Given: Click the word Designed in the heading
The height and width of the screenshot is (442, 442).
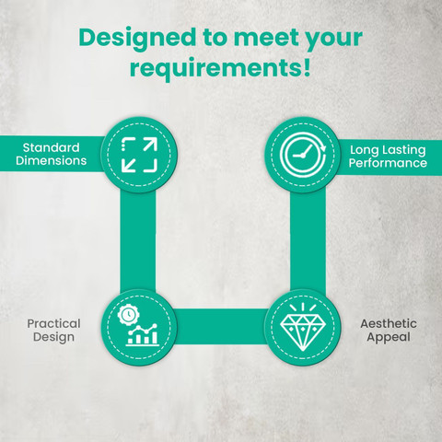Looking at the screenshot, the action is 137,39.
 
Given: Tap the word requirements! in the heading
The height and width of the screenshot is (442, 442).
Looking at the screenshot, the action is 220,67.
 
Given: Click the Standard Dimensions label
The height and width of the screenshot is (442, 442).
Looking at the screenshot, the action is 52,154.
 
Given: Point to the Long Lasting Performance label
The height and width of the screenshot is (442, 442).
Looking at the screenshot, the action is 388,157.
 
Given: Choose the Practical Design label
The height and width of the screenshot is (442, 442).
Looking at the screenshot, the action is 53,331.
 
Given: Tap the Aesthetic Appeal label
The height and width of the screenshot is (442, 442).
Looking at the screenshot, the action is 389,331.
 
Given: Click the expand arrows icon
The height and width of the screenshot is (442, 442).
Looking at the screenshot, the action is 139,155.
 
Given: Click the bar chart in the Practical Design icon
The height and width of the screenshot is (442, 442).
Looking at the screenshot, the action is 143,335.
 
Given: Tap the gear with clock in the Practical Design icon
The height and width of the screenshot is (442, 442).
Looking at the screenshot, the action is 129,314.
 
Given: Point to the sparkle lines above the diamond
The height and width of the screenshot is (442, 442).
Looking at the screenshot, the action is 303,308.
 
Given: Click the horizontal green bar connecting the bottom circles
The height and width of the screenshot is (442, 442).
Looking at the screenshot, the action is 221,326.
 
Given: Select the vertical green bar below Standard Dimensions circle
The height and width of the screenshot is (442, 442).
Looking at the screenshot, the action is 138,241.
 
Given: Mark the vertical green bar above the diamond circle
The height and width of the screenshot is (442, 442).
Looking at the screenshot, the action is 308,241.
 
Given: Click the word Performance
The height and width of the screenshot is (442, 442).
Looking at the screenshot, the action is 388,163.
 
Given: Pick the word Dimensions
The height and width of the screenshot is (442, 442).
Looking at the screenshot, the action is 52,161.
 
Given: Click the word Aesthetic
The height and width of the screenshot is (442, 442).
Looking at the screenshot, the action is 389,323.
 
